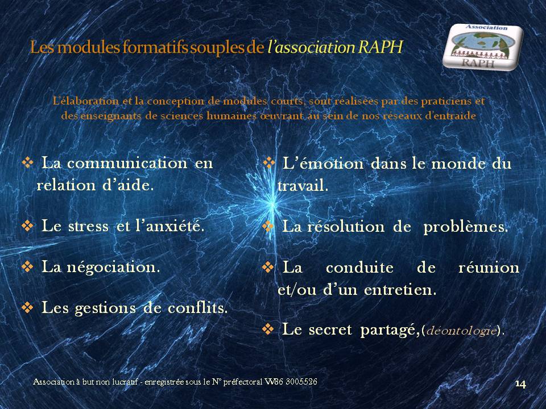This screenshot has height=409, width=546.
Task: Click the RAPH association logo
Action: (483, 47)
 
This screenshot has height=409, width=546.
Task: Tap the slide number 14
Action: (520, 384)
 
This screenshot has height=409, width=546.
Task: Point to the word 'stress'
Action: (89, 227)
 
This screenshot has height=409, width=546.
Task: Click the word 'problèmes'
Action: (466, 227)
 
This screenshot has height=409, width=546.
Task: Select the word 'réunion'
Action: (489, 268)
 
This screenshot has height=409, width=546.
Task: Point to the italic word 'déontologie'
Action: (461, 330)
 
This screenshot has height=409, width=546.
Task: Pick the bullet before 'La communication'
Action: (27, 162)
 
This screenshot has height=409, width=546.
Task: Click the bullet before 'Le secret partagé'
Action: (268, 329)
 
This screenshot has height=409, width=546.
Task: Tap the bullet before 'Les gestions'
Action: (27, 307)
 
